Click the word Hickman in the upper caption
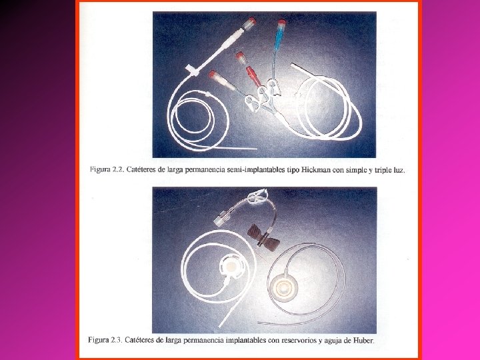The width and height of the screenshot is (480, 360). pos(315,170)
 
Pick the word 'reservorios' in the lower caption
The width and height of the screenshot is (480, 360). pos(299,340)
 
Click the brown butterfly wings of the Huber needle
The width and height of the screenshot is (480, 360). pos(263,237)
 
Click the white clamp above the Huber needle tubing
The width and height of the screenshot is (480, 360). pos(257,195)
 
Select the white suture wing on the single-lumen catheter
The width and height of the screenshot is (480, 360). pos(192,70)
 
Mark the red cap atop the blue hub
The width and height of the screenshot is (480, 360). pos(281,22)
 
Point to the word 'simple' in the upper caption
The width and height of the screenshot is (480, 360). pos(356,170)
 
